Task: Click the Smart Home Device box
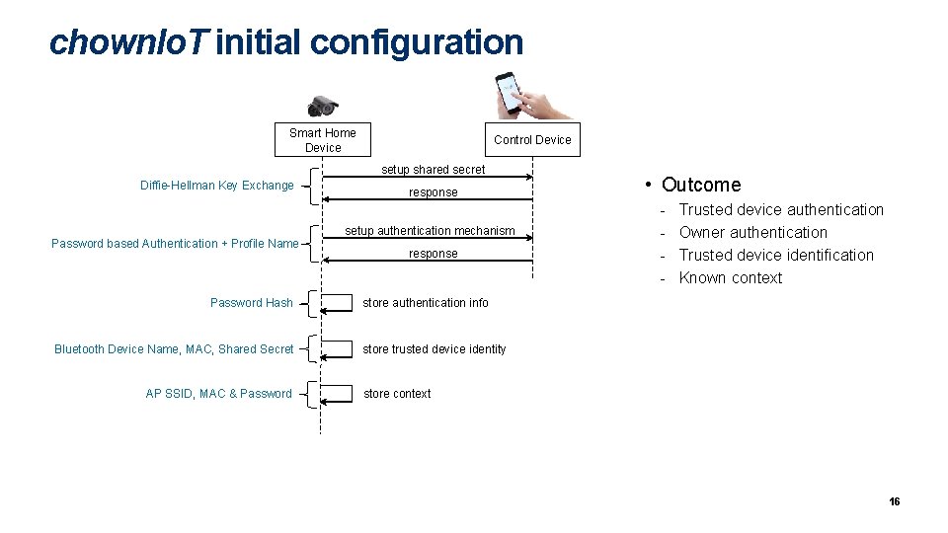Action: (x=323, y=140)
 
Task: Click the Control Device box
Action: (x=532, y=139)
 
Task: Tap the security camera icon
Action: (x=323, y=107)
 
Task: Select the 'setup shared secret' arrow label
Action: (x=434, y=170)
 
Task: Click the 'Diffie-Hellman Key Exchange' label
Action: (x=217, y=186)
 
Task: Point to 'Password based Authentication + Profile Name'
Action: (x=175, y=244)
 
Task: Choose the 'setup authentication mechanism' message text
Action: (x=430, y=231)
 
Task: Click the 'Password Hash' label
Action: (x=252, y=303)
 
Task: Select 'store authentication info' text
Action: (x=426, y=303)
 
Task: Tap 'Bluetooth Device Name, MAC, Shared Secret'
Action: (x=174, y=349)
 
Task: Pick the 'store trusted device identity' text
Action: (x=434, y=349)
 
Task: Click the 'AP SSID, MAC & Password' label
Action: (x=219, y=394)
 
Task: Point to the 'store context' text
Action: (x=397, y=394)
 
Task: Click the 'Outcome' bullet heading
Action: (x=700, y=185)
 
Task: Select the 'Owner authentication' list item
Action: (x=753, y=232)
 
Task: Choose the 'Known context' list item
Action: (x=731, y=278)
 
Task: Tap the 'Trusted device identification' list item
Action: (x=776, y=255)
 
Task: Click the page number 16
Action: (x=894, y=502)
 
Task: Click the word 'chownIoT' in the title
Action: (x=128, y=42)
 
